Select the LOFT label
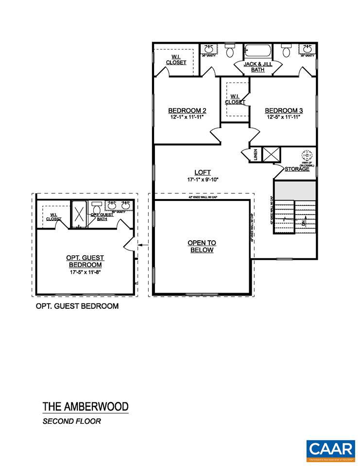[202, 172]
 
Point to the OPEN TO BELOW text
[202, 246]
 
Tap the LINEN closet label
[256, 155]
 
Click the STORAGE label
[297, 169]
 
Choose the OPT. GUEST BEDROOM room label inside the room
[85, 261]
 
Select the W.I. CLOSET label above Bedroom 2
[176, 59]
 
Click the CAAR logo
[330, 449]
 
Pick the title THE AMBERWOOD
[85, 406]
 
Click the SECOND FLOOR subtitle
[71, 421]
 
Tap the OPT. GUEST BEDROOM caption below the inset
[77, 306]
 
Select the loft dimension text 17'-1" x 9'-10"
[202, 180]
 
